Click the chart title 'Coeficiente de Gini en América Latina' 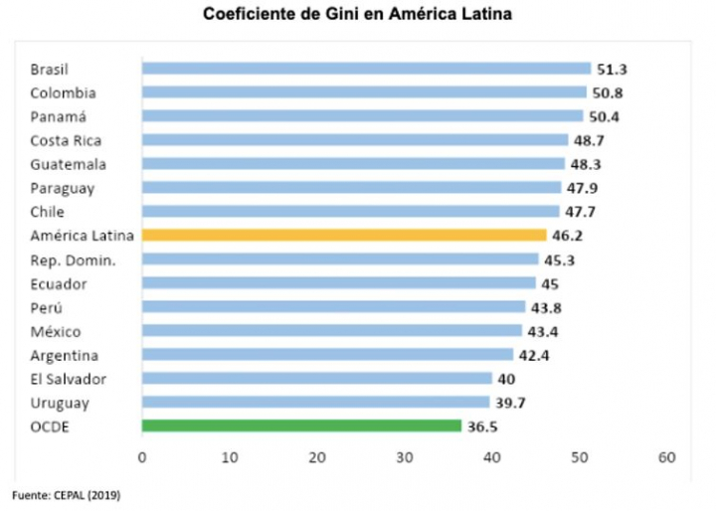click(x=357, y=16)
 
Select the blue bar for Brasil click(x=367, y=69)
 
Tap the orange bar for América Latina click(x=344, y=236)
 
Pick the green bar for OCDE click(x=301, y=426)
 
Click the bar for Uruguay click(x=315, y=402)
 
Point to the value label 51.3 click(x=613, y=69)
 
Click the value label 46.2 click(x=568, y=236)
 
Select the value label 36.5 click(x=483, y=426)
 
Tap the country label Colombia click(x=63, y=92)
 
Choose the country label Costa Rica click(x=66, y=140)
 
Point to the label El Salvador click(x=68, y=378)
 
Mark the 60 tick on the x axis click(x=666, y=457)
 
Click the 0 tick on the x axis click(x=142, y=457)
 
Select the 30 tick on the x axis click(x=404, y=457)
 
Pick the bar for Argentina click(x=327, y=355)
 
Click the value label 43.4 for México click(x=543, y=331)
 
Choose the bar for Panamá click(x=363, y=116)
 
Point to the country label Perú click(x=46, y=307)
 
